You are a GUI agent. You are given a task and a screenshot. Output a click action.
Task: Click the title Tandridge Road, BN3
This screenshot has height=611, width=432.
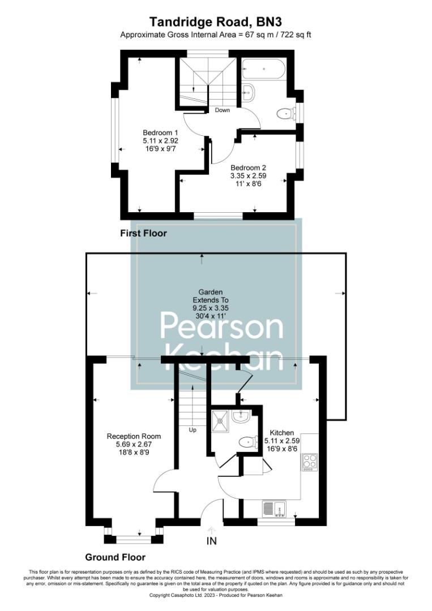coord(216,21)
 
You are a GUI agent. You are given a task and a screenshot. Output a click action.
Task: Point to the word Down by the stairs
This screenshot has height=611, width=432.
coord(223,110)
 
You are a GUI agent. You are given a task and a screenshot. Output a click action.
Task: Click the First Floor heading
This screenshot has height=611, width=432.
coord(143,233)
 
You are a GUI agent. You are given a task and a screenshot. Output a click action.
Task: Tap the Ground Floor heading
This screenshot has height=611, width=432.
coord(115,557)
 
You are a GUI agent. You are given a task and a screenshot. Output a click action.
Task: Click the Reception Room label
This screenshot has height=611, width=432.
coord(134,436)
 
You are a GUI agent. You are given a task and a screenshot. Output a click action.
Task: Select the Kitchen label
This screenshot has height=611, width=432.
coord(281,432)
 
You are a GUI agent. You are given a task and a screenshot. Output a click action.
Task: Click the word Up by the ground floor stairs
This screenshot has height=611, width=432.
coord(193,429)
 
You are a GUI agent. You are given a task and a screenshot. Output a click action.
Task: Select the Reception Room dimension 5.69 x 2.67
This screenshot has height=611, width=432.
coord(134,444)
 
